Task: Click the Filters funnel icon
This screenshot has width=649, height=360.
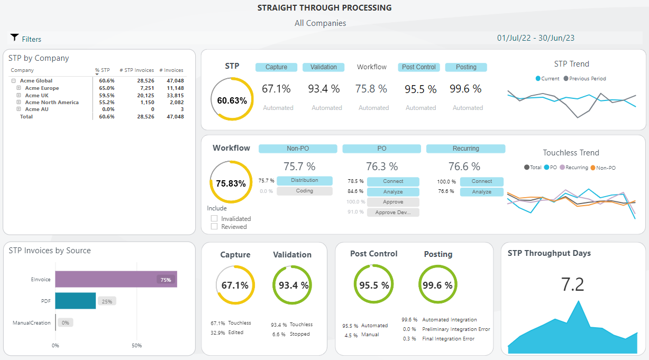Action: click(x=14, y=38)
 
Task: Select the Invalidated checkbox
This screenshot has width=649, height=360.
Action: click(x=214, y=218)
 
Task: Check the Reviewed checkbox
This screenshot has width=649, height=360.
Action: click(x=214, y=226)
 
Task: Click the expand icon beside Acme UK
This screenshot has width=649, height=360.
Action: click(x=19, y=95)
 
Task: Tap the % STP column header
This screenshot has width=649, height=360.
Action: click(x=102, y=70)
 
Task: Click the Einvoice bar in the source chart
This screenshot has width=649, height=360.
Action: click(x=116, y=279)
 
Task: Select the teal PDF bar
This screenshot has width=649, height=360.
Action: click(x=76, y=301)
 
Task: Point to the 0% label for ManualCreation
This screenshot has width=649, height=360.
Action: click(x=65, y=322)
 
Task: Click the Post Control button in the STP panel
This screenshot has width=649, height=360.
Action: click(x=419, y=67)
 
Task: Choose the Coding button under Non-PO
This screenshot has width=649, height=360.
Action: click(x=304, y=191)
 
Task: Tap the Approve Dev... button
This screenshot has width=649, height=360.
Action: click(x=393, y=212)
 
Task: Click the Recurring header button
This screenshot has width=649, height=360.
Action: click(x=465, y=149)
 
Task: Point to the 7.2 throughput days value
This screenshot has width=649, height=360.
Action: click(x=572, y=284)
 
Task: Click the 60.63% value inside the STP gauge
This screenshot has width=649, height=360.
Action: click(x=232, y=100)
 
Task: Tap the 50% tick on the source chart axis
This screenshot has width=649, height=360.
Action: click(x=136, y=345)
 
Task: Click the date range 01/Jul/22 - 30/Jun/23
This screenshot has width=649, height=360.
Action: click(x=536, y=38)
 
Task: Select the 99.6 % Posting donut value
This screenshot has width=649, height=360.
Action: click(x=438, y=285)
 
